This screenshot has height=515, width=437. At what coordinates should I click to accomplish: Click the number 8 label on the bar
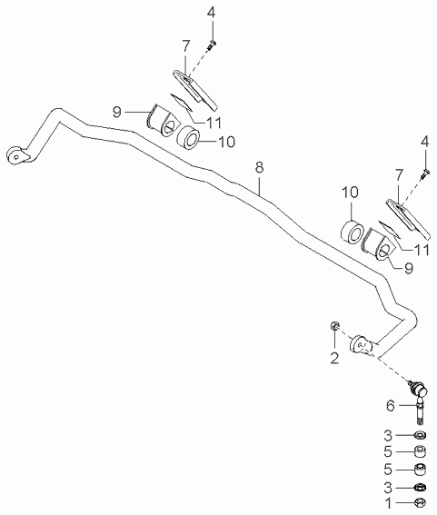pyautogui.click(x=259, y=168)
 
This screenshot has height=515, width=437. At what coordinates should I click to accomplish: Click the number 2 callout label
pyautogui.click(x=334, y=359)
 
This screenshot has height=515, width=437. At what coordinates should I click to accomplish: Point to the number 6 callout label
pyautogui.click(x=390, y=406)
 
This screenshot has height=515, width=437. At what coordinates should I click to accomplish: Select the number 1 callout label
pyautogui.click(x=388, y=502)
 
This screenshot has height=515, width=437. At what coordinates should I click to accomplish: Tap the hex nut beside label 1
pyautogui.click(x=421, y=502)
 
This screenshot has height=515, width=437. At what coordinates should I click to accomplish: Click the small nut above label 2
pyautogui.click(x=334, y=325)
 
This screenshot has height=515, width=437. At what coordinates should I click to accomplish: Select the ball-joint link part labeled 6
pyautogui.click(x=418, y=401)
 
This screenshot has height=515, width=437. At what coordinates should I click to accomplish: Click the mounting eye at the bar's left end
pyautogui.click(x=16, y=155)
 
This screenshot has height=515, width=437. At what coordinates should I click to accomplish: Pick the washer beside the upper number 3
pyautogui.click(x=421, y=435)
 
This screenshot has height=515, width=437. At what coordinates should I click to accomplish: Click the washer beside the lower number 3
pyautogui.click(x=421, y=487)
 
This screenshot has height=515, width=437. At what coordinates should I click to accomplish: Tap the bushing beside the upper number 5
pyautogui.click(x=421, y=451)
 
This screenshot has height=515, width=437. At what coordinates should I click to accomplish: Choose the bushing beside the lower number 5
pyautogui.click(x=421, y=470)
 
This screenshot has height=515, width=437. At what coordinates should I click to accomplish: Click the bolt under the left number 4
pyautogui.click(x=212, y=45)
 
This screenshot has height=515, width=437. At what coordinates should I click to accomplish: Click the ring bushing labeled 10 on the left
pyautogui.click(x=188, y=139)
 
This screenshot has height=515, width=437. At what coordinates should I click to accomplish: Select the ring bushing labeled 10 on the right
pyautogui.click(x=352, y=233)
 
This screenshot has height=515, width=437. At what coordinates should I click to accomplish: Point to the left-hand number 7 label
pyautogui.click(x=186, y=46)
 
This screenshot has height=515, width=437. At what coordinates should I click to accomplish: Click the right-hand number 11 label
pyautogui.click(x=421, y=251)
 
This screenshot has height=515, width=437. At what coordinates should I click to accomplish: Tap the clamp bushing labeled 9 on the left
pyautogui.click(x=161, y=120)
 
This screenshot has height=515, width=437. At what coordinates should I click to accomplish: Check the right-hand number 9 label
pyautogui.click(x=409, y=268)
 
